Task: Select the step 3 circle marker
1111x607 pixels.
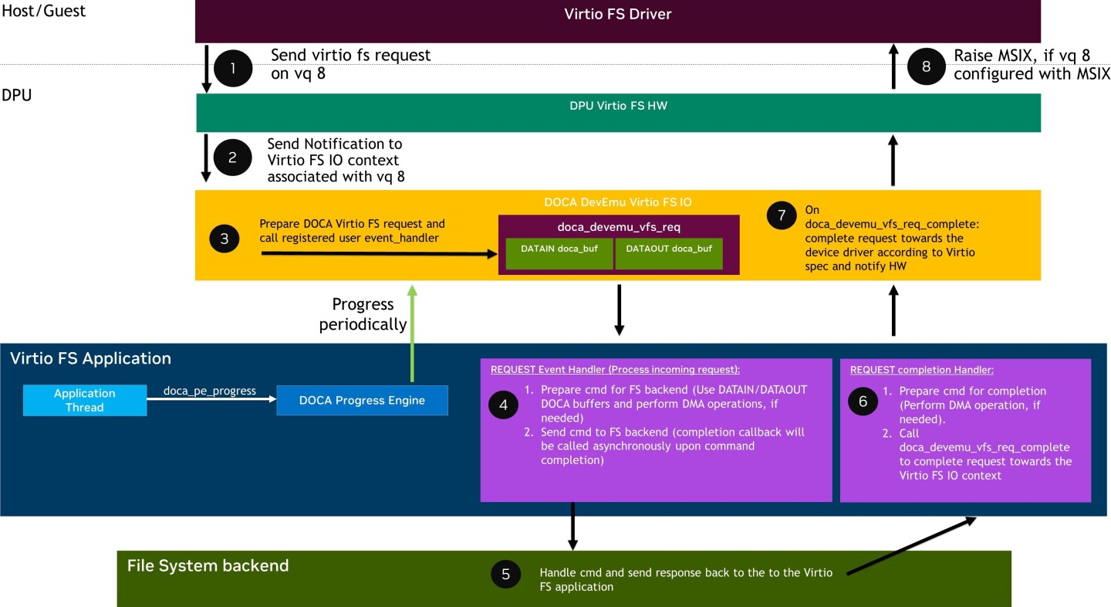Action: click(225, 239)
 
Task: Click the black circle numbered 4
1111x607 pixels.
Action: click(504, 405)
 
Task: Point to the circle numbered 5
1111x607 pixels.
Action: click(505, 574)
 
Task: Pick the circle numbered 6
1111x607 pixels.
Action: click(863, 400)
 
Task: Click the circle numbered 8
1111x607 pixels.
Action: click(926, 67)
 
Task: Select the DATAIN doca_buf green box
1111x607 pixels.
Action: click(559, 253)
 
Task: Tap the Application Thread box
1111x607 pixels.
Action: click(85, 400)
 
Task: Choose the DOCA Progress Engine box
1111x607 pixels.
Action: click(363, 400)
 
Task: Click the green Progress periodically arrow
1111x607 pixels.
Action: click(413, 332)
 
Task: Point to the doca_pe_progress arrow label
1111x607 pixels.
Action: click(210, 391)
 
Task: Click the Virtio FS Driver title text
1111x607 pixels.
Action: click(617, 15)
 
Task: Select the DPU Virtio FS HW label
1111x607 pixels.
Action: click(618, 106)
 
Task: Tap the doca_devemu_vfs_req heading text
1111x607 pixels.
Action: click(618, 227)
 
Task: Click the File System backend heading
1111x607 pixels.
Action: click(208, 565)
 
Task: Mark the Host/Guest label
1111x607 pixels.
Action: click(43, 11)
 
